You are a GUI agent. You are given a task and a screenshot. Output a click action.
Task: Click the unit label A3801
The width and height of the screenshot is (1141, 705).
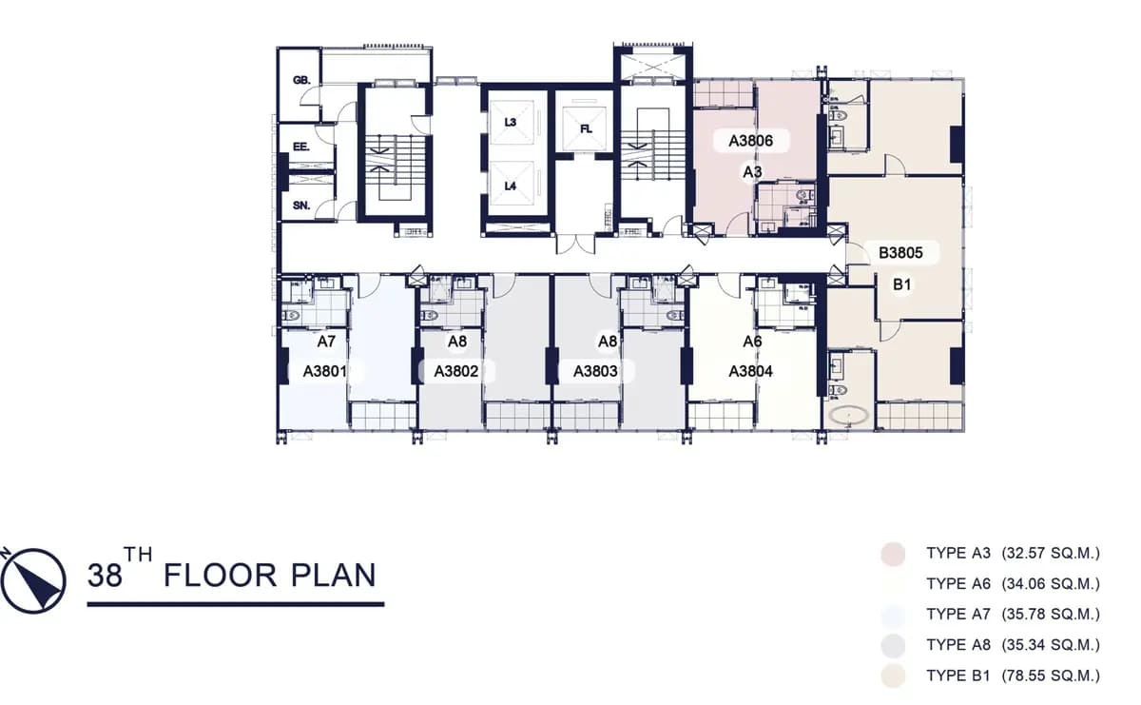click(x=324, y=371)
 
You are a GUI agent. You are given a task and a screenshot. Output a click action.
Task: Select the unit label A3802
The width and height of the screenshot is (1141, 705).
click(x=455, y=371)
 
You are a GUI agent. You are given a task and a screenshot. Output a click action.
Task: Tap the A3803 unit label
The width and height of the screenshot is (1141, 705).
click(x=595, y=371)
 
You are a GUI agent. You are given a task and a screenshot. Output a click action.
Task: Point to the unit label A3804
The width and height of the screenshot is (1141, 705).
click(x=750, y=371)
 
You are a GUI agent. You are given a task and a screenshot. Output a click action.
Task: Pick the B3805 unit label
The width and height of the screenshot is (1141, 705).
click(x=900, y=253)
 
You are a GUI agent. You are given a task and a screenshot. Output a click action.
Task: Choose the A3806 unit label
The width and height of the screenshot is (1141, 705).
click(x=750, y=141)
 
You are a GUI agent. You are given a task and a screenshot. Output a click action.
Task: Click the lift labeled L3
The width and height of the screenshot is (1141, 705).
click(x=510, y=123)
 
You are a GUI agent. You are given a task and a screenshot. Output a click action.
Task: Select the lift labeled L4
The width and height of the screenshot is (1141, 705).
click(x=510, y=186)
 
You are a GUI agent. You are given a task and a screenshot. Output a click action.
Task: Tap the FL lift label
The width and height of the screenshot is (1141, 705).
click(x=586, y=129)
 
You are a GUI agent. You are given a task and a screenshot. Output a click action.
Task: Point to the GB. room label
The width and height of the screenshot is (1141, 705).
click(x=301, y=80)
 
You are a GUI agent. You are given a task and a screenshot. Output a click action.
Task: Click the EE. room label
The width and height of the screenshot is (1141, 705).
click(x=301, y=147)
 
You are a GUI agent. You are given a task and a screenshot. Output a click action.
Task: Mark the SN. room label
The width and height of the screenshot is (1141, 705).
click(x=301, y=206)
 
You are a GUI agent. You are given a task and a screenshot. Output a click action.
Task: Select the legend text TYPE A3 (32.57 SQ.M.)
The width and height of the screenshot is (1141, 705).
click(x=1013, y=553)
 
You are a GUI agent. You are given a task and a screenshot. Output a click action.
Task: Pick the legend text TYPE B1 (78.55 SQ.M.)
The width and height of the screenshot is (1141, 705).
click(x=1013, y=676)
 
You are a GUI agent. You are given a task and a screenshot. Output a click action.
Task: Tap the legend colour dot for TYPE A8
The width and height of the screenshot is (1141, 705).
click(x=893, y=645)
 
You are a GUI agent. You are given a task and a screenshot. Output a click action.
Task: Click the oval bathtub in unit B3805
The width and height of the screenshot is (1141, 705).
click(x=848, y=416)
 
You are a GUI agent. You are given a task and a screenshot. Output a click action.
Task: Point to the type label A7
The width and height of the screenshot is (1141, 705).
click(x=326, y=342)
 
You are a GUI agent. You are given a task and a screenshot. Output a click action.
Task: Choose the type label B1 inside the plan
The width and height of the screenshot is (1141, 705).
click(x=901, y=284)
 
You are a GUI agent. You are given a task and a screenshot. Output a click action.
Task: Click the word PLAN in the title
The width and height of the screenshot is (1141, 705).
click(x=334, y=576)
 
